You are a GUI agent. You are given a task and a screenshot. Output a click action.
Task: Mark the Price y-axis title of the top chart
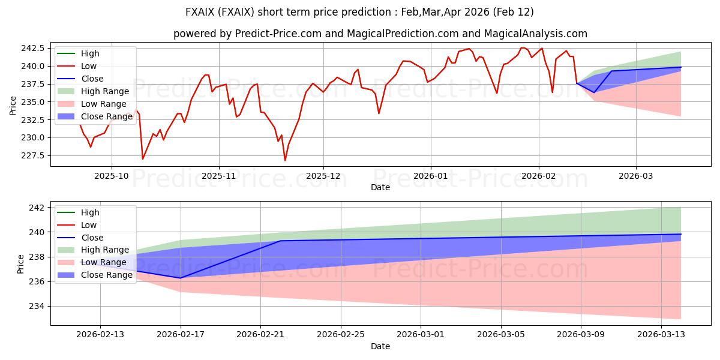[x=13, y=106]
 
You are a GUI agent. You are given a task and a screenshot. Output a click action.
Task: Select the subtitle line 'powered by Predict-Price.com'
[x=380, y=34]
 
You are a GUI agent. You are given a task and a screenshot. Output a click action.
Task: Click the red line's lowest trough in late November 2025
[x=285, y=160]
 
